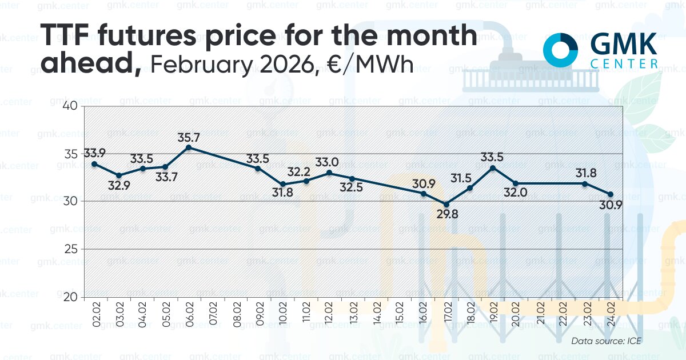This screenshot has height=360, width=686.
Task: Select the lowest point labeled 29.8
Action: click(446, 204)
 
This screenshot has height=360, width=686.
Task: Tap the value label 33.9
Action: click(95, 153)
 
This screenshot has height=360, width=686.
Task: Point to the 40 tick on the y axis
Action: click(70, 106)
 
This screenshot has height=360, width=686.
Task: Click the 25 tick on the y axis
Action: click(70, 249)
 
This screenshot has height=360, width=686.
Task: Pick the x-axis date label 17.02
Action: click(446, 315)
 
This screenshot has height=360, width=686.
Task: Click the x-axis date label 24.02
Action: click(611, 315)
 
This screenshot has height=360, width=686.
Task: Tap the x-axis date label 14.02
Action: click(376, 315)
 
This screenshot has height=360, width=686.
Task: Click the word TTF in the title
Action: click(72, 37)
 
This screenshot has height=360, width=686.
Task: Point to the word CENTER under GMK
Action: click(623, 64)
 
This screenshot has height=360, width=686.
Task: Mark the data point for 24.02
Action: click(611, 194)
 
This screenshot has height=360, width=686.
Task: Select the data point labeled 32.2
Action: click(306, 181)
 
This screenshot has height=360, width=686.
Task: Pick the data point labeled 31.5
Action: click(470, 188)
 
